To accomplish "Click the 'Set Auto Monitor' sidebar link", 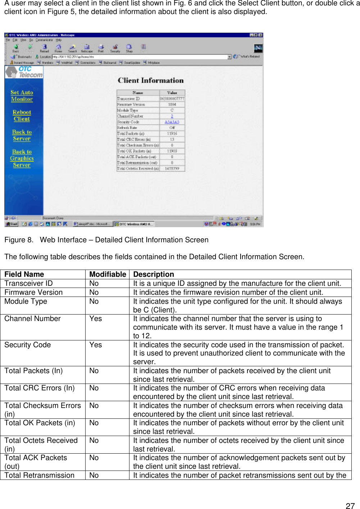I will tap(22, 96).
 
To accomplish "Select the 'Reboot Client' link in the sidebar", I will tap(22, 115).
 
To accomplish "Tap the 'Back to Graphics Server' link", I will tap(22, 158).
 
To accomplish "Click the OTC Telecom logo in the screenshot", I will tap(24, 72).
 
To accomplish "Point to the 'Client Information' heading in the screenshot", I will tap(151, 81).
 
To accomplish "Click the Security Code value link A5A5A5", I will tap(172, 122).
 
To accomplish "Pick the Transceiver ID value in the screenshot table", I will tap(172, 98).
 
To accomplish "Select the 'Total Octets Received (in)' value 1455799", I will tap(172, 168).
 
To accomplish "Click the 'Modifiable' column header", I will tap(108, 274).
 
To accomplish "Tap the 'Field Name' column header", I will tap(24, 274).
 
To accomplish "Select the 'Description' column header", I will tap(154, 274).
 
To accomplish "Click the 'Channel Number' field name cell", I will tap(32, 318).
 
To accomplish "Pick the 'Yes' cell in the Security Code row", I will tap(96, 345).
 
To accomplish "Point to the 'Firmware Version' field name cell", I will tap(33, 292).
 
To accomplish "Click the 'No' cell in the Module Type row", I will tap(94, 301).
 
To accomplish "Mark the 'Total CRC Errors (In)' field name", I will tap(40, 388).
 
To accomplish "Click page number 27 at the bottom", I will tap(350, 506).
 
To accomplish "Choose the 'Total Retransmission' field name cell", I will tap(40, 475).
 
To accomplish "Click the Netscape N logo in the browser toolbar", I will tap(258, 48).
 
